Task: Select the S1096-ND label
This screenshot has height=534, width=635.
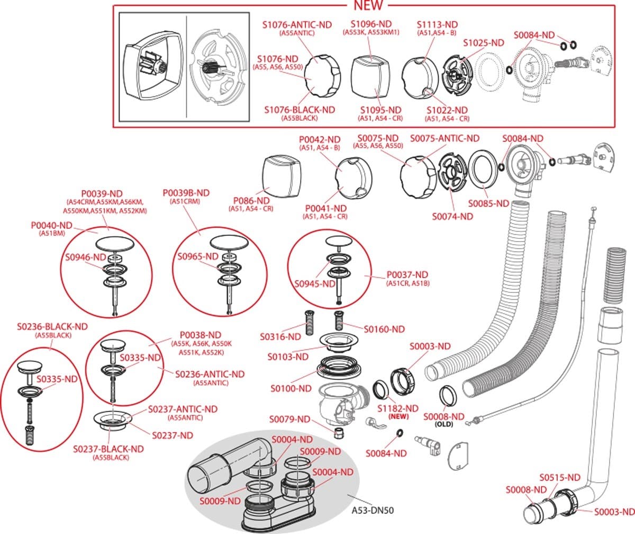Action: click(371, 24)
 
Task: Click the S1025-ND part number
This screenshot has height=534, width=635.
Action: click(483, 43)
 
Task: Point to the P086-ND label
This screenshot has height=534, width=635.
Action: click(251, 201)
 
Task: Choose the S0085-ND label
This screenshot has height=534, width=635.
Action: click(488, 203)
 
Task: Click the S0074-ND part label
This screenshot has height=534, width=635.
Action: click(452, 216)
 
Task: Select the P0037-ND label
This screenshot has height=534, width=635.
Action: click(407, 274)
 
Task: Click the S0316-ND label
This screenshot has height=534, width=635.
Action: click(280, 336)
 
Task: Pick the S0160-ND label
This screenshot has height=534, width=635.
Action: click(384, 329)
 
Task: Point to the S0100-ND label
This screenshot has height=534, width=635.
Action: click(291, 388)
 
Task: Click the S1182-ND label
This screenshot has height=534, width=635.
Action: click(398, 408)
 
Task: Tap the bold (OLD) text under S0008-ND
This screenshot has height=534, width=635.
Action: click(443, 424)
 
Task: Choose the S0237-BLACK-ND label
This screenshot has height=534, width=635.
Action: click(108, 449)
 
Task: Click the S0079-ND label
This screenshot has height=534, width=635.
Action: click(289, 420)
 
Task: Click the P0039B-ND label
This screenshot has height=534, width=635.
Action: click(186, 193)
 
